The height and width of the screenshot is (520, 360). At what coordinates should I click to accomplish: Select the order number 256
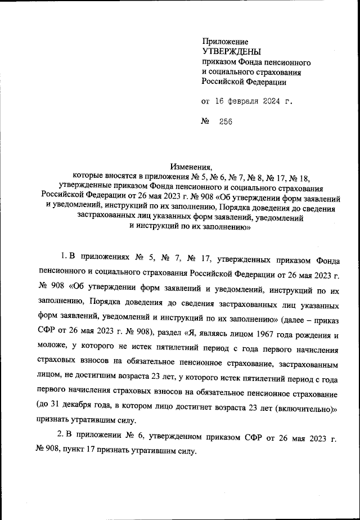225,122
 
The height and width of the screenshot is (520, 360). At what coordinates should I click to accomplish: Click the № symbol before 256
205,122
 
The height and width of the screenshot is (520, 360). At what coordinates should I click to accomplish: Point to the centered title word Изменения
191,166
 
